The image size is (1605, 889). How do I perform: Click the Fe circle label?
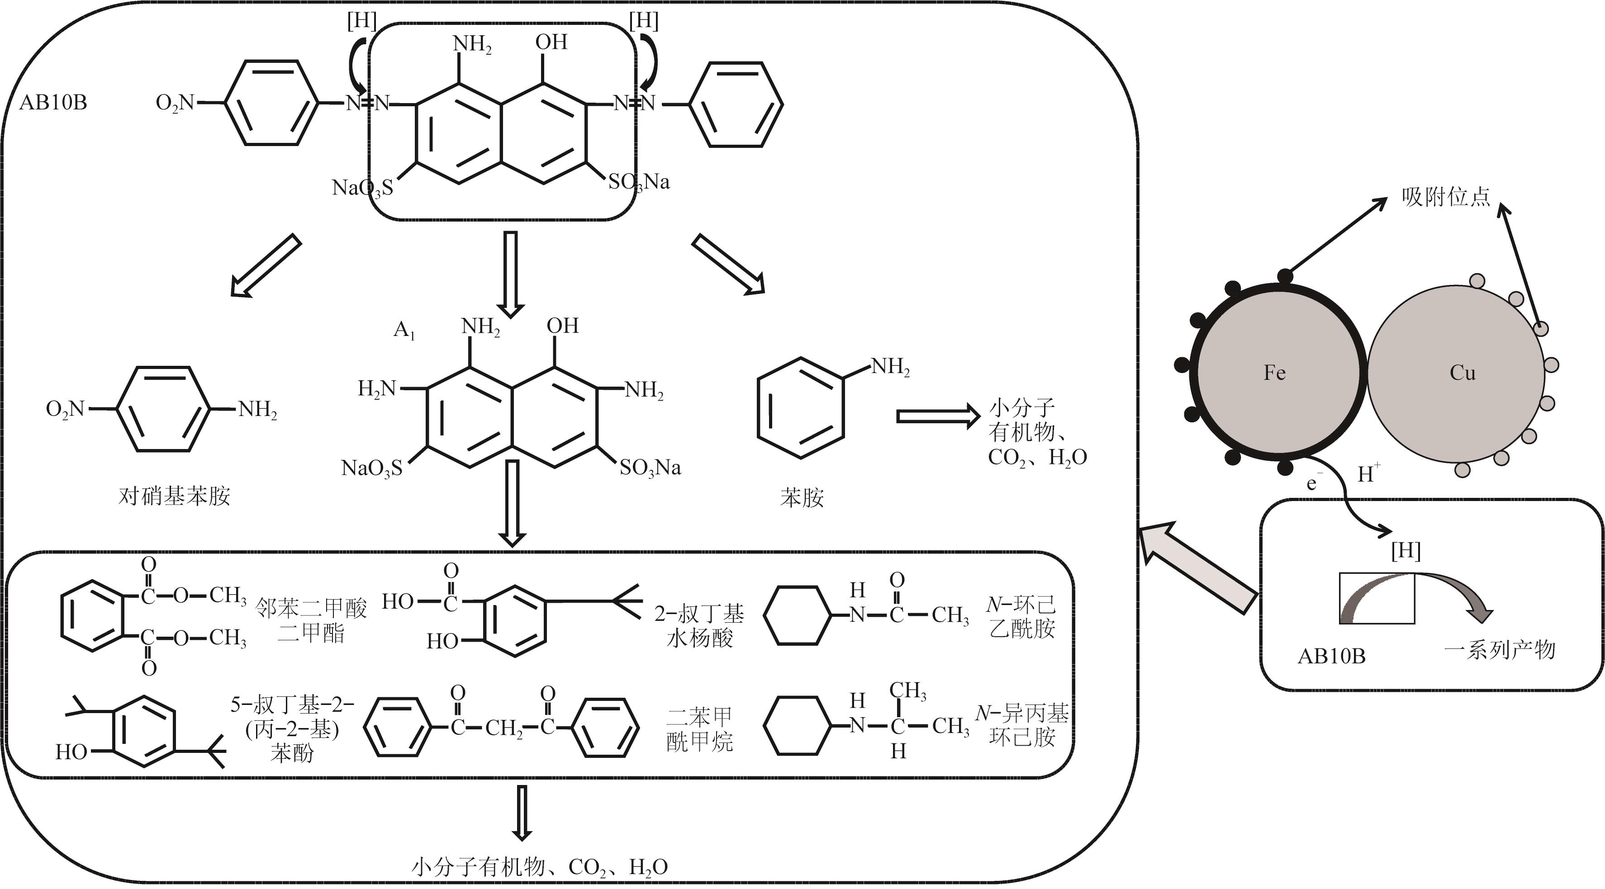1274,373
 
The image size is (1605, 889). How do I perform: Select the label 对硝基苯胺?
175,496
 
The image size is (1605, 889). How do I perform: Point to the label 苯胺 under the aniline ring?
802,497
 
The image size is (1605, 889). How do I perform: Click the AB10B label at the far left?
53,102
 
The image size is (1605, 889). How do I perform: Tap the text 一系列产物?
1500,650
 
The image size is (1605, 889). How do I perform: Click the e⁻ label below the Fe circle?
1311,483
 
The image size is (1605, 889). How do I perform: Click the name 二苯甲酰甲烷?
699,729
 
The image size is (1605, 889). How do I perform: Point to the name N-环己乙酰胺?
1022,616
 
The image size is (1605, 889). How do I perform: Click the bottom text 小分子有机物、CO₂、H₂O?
540,866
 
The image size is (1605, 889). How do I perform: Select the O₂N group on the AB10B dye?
175,103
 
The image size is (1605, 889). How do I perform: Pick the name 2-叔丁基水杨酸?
699,626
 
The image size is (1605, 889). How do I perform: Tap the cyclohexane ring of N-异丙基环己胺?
798,725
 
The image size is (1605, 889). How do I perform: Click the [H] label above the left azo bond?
362,21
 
